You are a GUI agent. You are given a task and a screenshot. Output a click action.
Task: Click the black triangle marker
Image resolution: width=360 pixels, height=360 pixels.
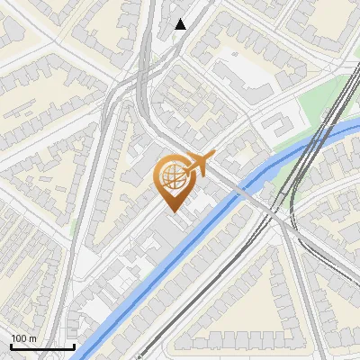181,24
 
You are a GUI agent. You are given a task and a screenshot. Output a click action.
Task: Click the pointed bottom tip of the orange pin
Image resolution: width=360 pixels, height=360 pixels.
171,211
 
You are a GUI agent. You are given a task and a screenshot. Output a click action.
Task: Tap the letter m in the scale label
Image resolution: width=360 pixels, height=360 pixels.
32,338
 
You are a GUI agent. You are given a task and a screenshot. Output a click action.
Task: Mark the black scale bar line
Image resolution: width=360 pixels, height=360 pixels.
41,346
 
